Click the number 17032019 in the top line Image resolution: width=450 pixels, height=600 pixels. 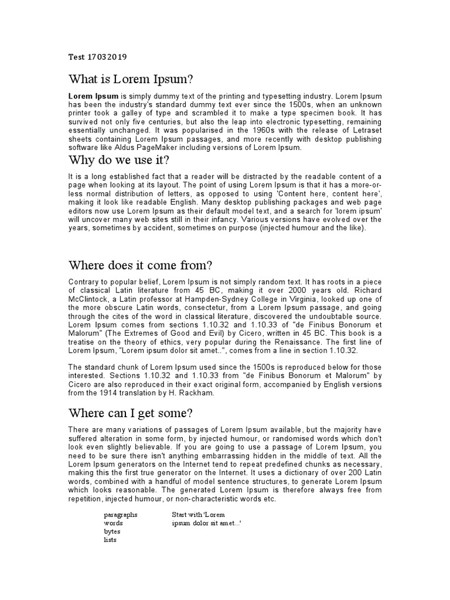pyautogui.click(x=107, y=57)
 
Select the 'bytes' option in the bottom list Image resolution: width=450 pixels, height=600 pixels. pyautogui.click(x=112, y=531)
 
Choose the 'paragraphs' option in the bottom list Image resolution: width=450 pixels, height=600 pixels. pyautogui.click(x=121, y=514)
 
